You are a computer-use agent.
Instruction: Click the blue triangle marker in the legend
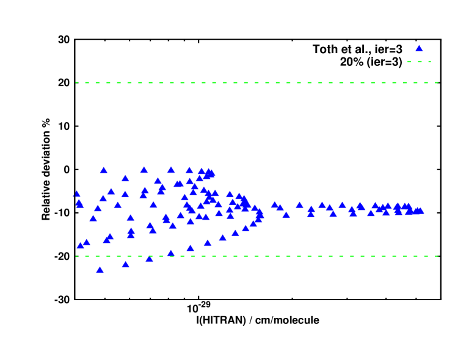pos(419,48)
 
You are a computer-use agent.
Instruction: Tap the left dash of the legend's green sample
pos(409,62)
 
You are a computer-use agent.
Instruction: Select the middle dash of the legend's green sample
pos(419,62)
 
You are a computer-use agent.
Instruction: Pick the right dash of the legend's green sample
pos(429,62)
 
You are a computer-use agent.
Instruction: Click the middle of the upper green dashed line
pos(257,82)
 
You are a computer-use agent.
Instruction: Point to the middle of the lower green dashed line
pos(257,256)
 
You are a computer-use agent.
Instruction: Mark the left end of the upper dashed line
pos(76,82)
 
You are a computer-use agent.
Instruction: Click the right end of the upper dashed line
pos(437,82)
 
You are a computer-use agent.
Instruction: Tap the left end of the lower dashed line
pos(76,256)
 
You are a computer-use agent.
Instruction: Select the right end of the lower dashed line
pos(437,256)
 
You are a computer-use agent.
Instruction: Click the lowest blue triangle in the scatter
pos(100,269)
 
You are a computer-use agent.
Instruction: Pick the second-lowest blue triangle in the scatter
pos(126,264)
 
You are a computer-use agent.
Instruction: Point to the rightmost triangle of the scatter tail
pos(420,211)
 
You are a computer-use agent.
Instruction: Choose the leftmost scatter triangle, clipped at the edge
pos(76,194)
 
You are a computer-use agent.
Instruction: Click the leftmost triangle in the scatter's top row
pos(104,170)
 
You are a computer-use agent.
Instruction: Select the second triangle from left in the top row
pos(144,170)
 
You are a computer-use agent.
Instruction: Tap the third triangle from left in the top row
pos(171,170)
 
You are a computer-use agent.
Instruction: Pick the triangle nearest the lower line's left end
pos(81,245)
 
